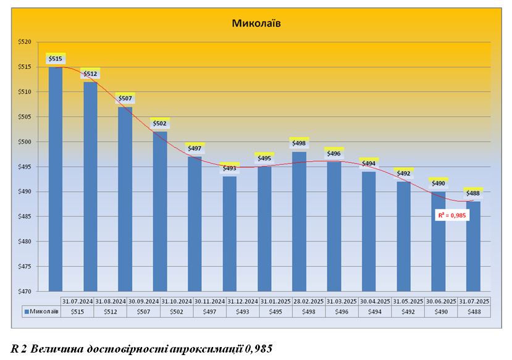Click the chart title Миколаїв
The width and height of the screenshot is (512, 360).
pyautogui.click(x=256, y=24)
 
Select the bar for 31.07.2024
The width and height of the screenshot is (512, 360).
pyautogui.click(x=56, y=179)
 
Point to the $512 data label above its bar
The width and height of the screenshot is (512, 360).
pyautogui.click(x=90, y=74)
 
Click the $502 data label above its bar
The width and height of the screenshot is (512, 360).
pyautogui.click(x=160, y=123)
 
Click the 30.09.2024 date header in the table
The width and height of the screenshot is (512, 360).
pyautogui.click(x=145, y=301)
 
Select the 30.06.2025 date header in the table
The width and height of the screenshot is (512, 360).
pyautogui.click(x=442, y=301)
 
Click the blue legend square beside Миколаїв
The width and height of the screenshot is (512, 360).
pyautogui.click(x=27, y=312)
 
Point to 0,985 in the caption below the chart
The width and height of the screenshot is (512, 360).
pyautogui.click(x=258, y=348)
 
